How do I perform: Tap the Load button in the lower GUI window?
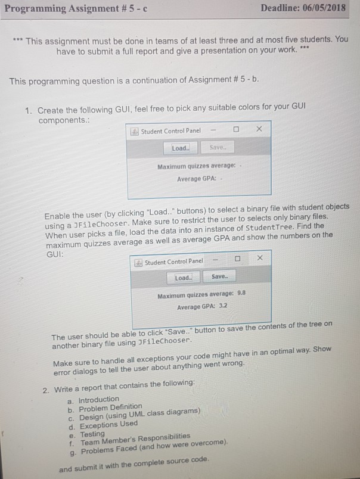(x=182, y=278)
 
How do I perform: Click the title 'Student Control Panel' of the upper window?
(x=170, y=130)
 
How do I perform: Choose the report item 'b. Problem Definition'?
(x=103, y=407)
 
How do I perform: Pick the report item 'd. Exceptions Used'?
(x=98, y=424)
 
